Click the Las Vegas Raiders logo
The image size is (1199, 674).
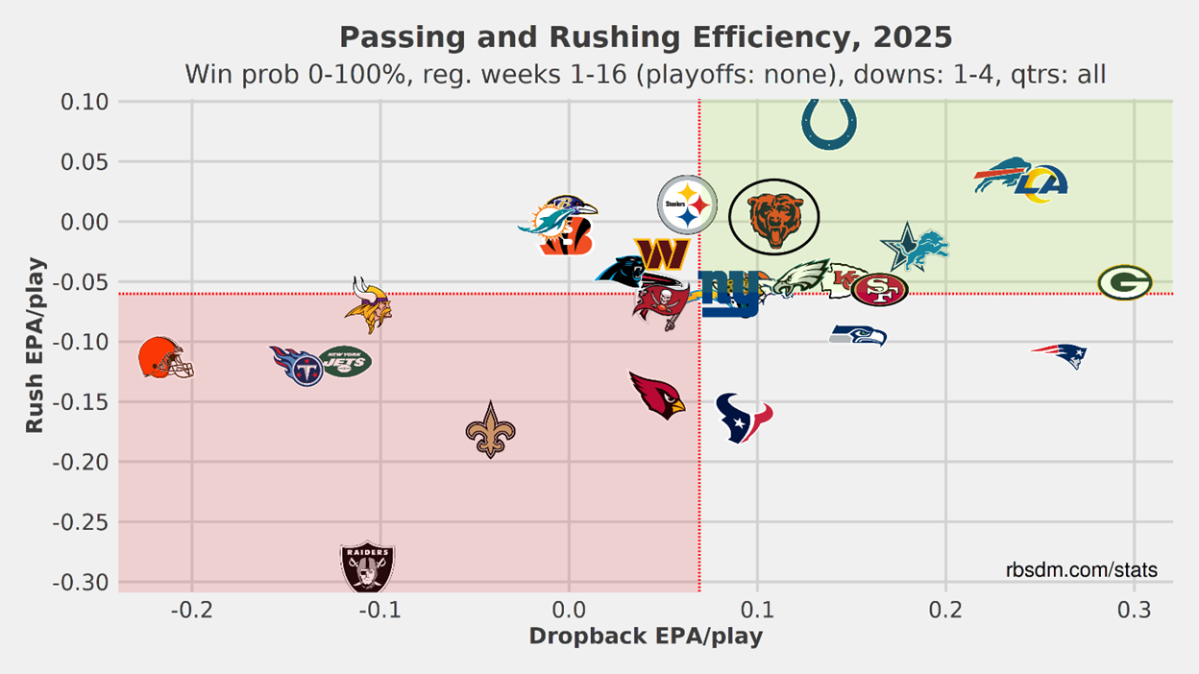[368, 567]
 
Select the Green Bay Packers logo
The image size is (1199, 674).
[1125, 283]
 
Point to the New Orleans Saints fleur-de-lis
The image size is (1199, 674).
[490, 429]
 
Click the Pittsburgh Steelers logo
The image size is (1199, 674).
[687, 205]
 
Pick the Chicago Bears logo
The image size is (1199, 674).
[773, 216]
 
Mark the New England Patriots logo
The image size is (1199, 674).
[1061, 355]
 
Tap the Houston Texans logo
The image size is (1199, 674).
[744, 418]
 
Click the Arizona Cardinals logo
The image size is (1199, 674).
[657, 395]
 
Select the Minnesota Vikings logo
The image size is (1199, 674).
[367, 303]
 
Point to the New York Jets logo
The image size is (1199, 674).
[345, 361]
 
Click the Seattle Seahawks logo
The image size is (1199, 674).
[858, 335]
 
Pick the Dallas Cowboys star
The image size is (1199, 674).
[904, 247]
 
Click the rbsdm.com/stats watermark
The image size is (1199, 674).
[1082, 570]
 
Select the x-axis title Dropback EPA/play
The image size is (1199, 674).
[646, 637]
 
